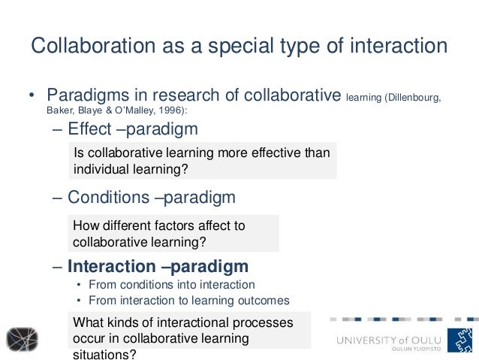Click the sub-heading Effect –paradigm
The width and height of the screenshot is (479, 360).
[132, 130]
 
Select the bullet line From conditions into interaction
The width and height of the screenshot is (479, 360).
[171, 285]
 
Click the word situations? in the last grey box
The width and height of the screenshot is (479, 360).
[104, 353]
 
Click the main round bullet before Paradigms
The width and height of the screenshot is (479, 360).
[32, 97]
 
